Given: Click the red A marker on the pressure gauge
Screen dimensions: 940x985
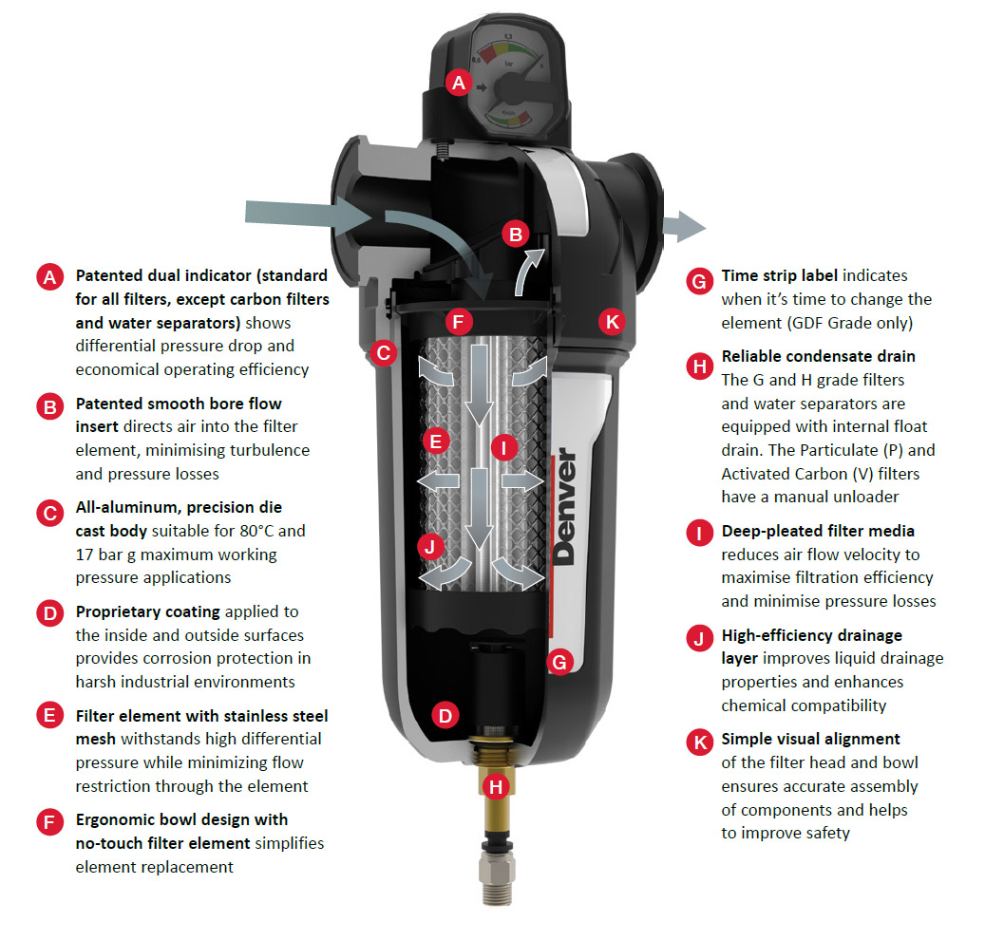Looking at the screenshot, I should pyautogui.click(x=460, y=83).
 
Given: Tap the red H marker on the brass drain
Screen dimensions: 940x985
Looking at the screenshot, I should pyautogui.click(x=493, y=785).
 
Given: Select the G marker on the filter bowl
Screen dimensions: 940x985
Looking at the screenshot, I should pyautogui.click(x=559, y=662).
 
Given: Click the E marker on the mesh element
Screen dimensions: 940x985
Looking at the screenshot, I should pyautogui.click(x=436, y=441).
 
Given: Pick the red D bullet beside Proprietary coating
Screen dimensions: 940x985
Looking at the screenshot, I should pyautogui.click(x=49, y=612).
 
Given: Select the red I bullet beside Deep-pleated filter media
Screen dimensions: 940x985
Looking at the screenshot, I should pyautogui.click(x=699, y=533).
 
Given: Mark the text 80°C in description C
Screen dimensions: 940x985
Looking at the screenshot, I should pyautogui.click(x=275, y=531).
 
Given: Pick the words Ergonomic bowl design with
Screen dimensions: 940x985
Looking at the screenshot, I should pyautogui.click(x=181, y=819).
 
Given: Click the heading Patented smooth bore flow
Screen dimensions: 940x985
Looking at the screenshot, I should pyautogui.click(x=179, y=404).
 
